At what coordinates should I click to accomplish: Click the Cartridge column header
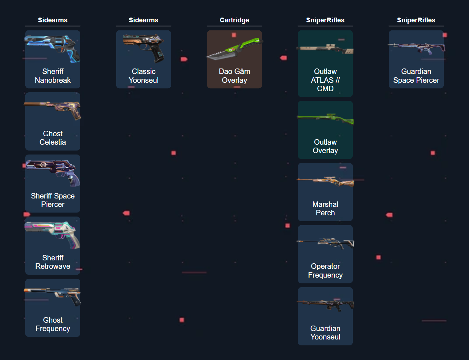click(234, 20)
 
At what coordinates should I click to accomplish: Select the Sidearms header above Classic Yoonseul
click(144, 20)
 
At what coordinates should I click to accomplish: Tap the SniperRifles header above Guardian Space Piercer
click(416, 20)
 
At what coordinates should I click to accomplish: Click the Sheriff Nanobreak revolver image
click(53, 48)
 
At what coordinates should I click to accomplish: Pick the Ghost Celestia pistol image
click(53, 110)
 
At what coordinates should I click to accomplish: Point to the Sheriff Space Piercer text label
click(53, 200)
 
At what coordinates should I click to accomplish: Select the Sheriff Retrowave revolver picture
click(53, 234)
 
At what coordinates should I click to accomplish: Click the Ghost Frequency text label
click(53, 324)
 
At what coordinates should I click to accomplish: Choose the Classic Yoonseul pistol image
click(144, 48)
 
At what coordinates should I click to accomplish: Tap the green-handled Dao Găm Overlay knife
click(234, 49)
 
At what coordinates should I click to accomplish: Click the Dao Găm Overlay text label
click(234, 76)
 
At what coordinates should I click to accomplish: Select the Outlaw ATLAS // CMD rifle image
click(325, 48)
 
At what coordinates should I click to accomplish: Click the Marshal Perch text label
click(325, 208)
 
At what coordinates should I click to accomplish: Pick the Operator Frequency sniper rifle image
click(325, 242)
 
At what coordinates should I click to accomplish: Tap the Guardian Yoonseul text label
click(325, 333)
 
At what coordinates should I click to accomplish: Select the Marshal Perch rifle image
click(325, 181)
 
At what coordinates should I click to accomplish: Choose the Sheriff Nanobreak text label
click(53, 76)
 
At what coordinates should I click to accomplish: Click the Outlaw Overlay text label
click(325, 146)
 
